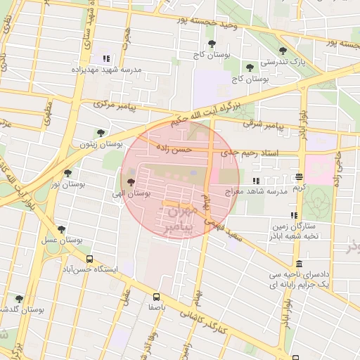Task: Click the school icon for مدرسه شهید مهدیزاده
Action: [106, 59]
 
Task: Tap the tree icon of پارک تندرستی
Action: [283, 51]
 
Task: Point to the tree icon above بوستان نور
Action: [67, 173]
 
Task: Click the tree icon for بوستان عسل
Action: [61, 229]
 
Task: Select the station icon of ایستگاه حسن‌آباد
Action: [89, 259]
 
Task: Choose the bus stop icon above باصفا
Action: [156, 297]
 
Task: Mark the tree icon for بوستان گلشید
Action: [19, 299]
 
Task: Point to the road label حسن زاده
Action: [174, 148]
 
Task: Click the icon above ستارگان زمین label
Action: [293, 216]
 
